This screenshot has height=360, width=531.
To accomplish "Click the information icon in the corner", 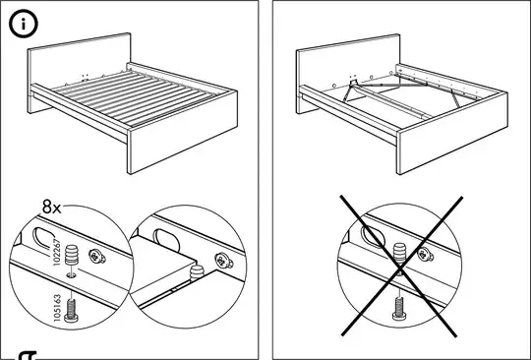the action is click(24, 24).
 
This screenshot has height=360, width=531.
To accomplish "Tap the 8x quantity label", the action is click(52, 207).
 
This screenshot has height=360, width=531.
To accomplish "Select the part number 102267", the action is click(57, 253).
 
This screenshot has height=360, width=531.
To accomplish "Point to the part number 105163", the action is click(58, 308).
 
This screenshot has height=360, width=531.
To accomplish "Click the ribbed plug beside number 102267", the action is click(72, 256).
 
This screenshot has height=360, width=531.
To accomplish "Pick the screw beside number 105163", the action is click(71, 311).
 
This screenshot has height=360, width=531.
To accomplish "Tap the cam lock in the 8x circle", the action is click(96, 257).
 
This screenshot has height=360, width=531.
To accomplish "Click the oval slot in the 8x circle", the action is click(44, 239).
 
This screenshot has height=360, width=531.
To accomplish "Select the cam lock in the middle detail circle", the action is click(224, 261).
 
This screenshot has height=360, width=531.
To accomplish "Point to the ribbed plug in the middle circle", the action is click(197, 273).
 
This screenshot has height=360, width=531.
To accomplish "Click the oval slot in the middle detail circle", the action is click(166, 240).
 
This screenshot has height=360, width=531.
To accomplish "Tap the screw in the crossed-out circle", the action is click(399, 308).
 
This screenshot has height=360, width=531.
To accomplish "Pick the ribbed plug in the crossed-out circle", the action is click(399, 254).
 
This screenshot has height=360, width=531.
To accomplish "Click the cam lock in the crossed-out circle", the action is click(426, 255).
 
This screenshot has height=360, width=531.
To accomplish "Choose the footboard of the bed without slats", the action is click(452, 133).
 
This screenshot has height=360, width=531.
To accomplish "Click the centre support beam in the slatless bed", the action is click(391, 100).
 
